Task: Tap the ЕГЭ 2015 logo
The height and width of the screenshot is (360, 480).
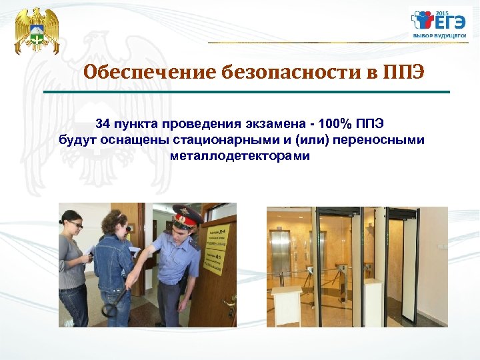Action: point(438,25)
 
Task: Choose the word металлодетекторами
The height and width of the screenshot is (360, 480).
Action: point(240,156)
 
